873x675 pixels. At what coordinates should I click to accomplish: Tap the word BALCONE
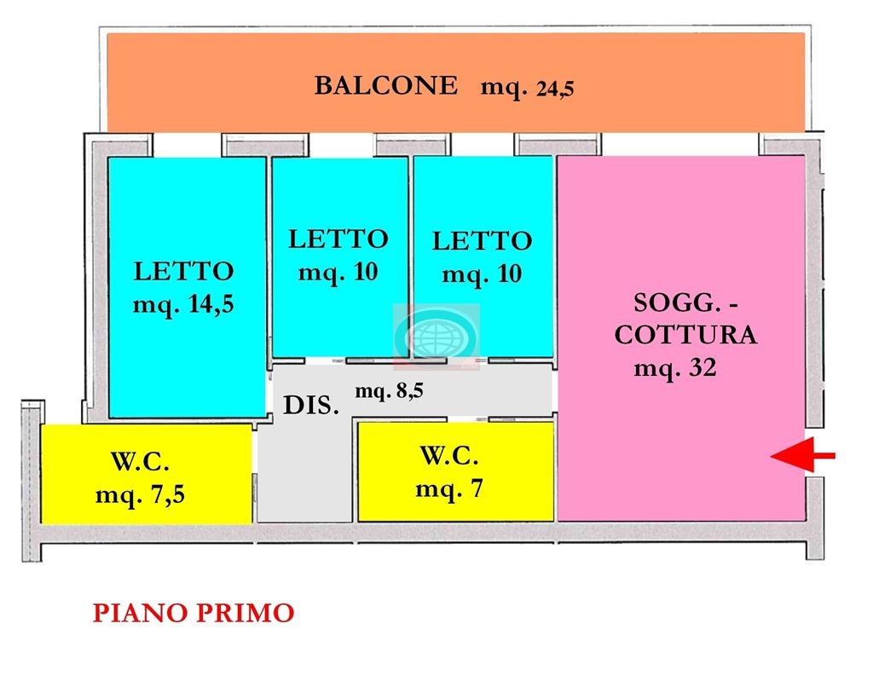(x=385, y=86)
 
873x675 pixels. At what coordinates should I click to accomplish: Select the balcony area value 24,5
(x=555, y=89)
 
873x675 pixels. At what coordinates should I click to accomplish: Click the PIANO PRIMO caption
(x=194, y=613)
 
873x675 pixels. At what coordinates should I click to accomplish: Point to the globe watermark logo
(x=436, y=336)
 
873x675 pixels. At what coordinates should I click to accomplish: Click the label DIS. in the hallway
(x=311, y=407)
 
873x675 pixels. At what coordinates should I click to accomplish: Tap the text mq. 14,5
(x=183, y=305)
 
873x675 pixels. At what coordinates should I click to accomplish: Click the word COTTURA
(x=685, y=336)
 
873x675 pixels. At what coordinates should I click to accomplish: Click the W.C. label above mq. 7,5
(x=141, y=463)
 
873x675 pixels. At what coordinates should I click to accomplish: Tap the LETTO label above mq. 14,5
(x=183, y=272)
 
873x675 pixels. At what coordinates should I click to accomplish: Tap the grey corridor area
(x=304, y=477)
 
